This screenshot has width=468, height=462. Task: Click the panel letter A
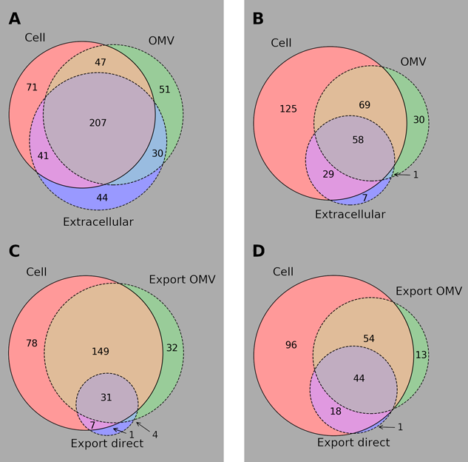pos(14,19)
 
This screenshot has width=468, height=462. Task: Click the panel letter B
pos(258,19)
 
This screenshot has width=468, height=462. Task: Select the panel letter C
pos(14,250)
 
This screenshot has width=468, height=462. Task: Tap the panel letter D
pos(258,250)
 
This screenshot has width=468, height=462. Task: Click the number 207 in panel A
pos(98,123)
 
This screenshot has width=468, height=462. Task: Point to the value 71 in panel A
pos(31,87)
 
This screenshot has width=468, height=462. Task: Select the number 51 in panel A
pos(165,90)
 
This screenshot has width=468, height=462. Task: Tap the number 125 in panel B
pos(288,110)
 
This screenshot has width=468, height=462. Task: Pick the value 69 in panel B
pos(364,106)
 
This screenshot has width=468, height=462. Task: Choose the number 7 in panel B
pos(364,198)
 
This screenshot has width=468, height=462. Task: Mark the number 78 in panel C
pos(31,344)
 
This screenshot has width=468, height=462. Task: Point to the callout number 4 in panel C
pos(154,434)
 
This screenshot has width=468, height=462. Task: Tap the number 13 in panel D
pos(421,355)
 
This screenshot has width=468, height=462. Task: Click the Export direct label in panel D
pos(353,442)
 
